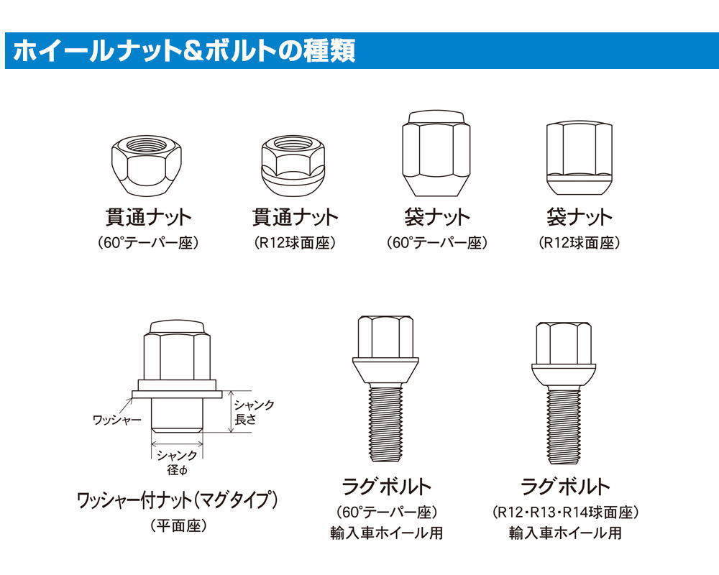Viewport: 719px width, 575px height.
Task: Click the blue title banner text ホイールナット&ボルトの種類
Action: (184, 50)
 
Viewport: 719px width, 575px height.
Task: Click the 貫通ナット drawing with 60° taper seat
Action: (146, 165)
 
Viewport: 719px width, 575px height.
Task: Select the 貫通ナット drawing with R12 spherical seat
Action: (293, 167)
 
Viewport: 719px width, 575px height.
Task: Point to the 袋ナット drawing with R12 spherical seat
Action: (579, 158)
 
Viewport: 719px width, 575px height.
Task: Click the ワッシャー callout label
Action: (117, 419)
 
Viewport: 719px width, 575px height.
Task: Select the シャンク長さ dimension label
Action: (254, 412)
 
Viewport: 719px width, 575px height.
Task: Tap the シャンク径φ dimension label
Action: (177, 462)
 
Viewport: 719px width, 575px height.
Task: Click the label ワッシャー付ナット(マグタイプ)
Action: (178, 500)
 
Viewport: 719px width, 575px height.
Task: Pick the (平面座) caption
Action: (178, 525)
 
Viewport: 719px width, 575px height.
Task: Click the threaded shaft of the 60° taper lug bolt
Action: (385, 423)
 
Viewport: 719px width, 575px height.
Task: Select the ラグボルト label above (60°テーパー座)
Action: (386, 487)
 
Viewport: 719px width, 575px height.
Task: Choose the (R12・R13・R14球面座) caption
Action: (565, 512)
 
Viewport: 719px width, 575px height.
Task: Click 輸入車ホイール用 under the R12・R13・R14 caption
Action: (565, 533)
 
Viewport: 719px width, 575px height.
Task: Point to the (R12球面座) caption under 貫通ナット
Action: (295, 242)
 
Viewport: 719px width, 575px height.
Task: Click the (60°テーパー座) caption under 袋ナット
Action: (437, 242)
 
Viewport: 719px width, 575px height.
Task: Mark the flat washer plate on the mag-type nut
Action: (177, 394)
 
